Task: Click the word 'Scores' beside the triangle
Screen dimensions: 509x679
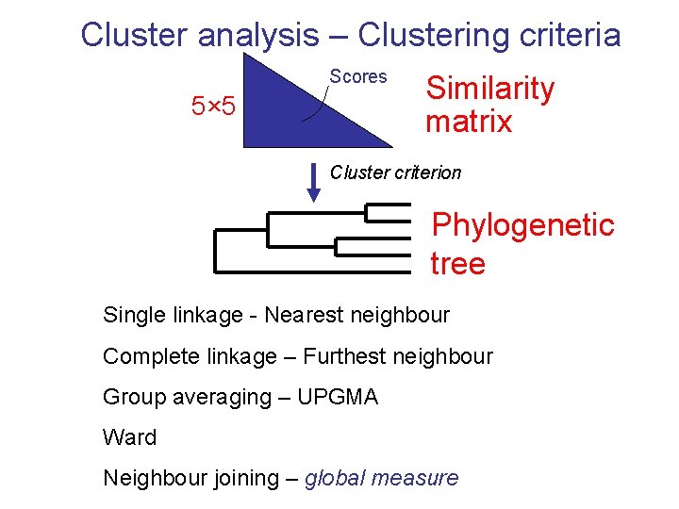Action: (358, 76)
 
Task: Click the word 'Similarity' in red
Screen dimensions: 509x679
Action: (489, 89)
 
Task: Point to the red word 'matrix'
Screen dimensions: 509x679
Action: (468, 122)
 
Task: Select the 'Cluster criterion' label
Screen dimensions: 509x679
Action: (395, 172)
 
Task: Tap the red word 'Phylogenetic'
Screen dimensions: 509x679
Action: (522, 225)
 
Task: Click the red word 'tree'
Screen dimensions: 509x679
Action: (457, 263)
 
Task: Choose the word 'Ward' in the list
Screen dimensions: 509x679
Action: (129, 437)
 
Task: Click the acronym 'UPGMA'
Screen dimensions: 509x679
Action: (337, 397)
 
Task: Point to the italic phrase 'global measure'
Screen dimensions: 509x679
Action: (381, 478)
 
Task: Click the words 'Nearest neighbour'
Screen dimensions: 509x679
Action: (356, 315)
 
